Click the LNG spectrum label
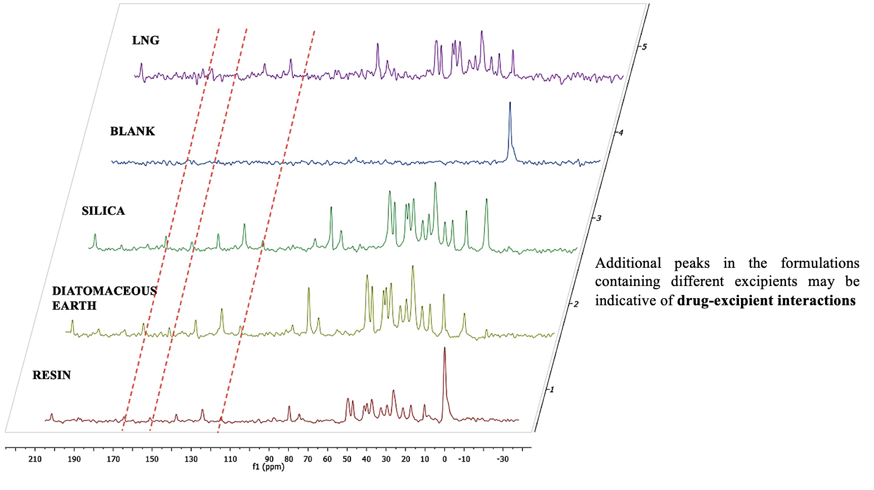point(146,40)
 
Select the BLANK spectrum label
point(133,132)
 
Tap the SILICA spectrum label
point(103,211)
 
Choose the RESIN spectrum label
point(52,376)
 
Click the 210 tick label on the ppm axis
point(35,459)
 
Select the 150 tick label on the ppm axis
point(152,459)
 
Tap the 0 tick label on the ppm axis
point(445,459)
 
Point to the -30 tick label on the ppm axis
point(502,459)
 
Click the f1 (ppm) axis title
point(268,467)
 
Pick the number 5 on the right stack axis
point(644,47)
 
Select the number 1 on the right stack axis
point(552,389)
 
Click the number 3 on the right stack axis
point(599,218)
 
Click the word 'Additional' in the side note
point(628,263)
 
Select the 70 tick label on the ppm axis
point(308,459)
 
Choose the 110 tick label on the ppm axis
point(230,459)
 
